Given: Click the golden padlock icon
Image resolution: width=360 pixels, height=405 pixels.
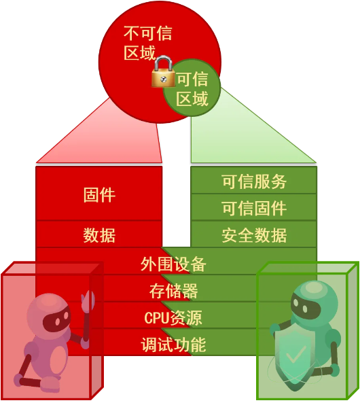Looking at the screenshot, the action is pos(163,72).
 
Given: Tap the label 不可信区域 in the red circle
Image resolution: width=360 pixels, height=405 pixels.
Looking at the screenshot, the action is pos(147,43).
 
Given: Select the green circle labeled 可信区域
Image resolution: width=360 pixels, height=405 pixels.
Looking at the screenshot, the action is pos(192,88).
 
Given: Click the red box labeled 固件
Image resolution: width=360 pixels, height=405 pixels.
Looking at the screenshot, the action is pos(99,194).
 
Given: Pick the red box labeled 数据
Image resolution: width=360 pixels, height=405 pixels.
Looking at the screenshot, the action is pos(99,234).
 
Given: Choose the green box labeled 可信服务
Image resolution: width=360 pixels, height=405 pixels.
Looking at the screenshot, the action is pos(254,180).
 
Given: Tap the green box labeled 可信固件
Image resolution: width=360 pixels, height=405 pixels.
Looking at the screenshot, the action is pos(254,207).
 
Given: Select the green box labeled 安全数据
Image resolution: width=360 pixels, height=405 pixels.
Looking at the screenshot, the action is pos(254,234).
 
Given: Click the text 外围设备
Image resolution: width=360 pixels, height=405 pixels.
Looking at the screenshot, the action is pos(173,264).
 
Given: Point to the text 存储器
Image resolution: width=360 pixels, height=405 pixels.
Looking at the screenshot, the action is pos(173,291).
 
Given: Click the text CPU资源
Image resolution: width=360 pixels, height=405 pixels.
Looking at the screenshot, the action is pos(173,318).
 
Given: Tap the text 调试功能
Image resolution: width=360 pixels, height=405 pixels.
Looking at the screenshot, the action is pos(173,345).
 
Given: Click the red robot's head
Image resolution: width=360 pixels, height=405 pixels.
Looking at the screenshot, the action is pos(49,314).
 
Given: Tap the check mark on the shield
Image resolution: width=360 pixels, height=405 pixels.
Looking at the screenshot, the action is pos(295,354).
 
